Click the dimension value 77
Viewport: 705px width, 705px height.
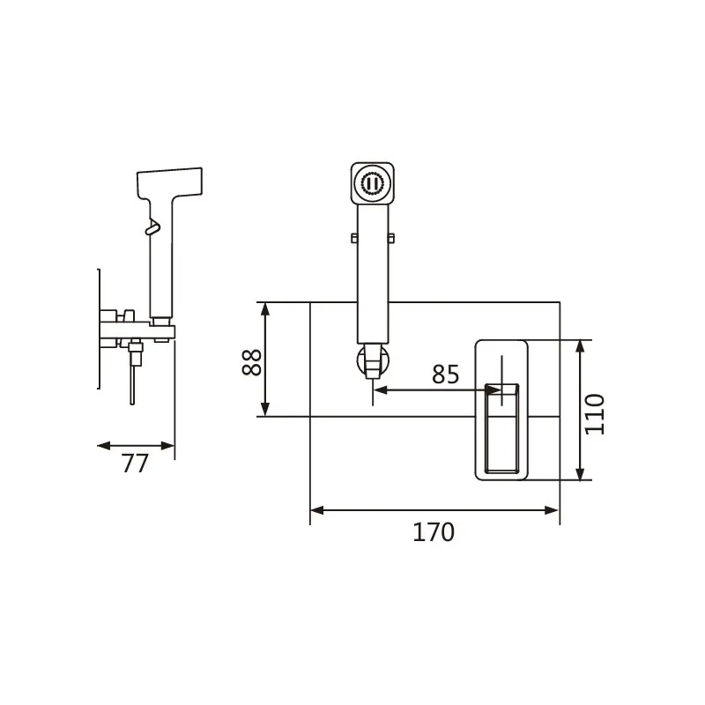pyautogui.click(x=135, y=464)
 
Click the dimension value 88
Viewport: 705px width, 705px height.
pyautogui.click(x=252, y=362)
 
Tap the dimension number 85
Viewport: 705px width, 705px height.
pyautogui.click(x=446, y=374)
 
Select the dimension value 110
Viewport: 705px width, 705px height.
pyautogui.click(x=594, y=414)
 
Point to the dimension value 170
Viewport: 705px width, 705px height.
pyautogui.click(x=434, y=532)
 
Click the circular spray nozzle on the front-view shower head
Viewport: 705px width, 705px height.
pyautogui.click(x=372, y=183)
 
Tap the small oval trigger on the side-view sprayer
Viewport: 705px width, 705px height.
pyautogui.click(x=152, y=227)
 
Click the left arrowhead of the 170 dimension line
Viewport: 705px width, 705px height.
pyautogui.click(x=317, y=510)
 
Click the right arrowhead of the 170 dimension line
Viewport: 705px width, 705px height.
pyautogui.click(x=552, y=510)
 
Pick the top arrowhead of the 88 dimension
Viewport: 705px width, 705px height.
pyautogui.click(x=265, y=309)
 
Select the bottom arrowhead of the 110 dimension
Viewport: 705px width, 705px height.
pyautogui.click(x=580, y=473)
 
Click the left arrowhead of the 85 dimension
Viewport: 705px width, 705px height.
pyautogui.click(x=381, y=390)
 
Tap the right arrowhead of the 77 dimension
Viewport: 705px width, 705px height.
pyautogui.click(x=167, y=446)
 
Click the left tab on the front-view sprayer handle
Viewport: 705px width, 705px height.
pyautogui.click(x=354, y=238)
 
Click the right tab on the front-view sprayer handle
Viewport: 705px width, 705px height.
pyautogui.click(x=390, y=238)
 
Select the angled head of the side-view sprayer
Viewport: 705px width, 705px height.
pyautogui.click(x=169, y=182)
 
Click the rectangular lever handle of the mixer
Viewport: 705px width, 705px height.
pyautogui.click(x=501, y=428)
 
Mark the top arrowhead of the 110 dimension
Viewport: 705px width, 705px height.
pyautogui.click(x=580, y=347)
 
